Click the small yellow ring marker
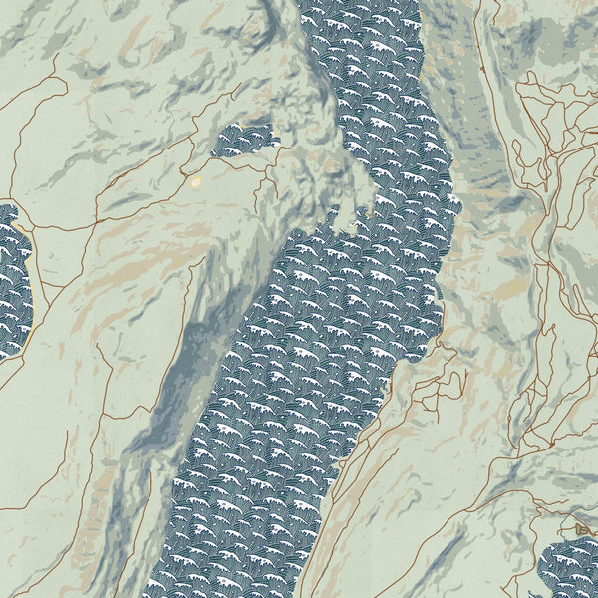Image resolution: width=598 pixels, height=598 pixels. click(x=196, y=182)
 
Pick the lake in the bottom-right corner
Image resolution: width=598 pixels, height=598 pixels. click(x=570, y=570)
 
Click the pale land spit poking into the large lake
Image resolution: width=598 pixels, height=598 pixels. click(x=344, y=219)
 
